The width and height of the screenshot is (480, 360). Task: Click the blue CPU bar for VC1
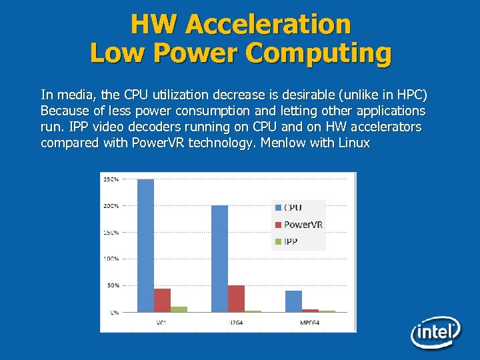pos(145,245)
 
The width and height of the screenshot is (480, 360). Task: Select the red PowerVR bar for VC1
pos(162,300)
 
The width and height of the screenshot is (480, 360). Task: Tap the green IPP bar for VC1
pos(179,309)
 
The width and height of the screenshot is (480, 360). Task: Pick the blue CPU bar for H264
pos(219,259)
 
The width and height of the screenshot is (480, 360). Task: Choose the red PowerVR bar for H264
pos(236,299)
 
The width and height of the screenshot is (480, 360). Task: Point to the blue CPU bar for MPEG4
pos(293,301)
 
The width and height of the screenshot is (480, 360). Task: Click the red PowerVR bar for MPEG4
pos(310,311)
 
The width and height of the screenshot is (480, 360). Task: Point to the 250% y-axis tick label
pos(111,179)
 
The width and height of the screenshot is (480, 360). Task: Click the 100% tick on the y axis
pos(111,259)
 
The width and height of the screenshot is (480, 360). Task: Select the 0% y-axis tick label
pos(114,312)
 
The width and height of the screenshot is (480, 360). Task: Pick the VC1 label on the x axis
pos(162,323)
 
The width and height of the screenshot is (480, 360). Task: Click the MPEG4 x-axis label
pos(310,323)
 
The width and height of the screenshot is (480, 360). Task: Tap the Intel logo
pos(435,332)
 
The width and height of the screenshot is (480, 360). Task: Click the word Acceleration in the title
pos(268,24)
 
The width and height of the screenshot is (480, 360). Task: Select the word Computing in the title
pos(319,53)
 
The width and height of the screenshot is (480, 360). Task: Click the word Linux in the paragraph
pos(354,143)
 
